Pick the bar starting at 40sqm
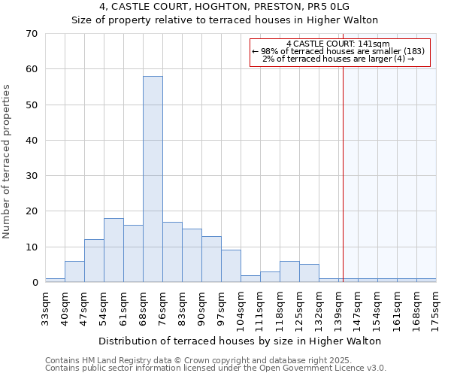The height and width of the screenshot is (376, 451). pyautogui.click(x=74, y=271)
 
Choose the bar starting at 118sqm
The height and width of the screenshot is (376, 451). pyautogui.click(x=289, y=271)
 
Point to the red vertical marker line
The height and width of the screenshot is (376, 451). pyautogui.click(x=343, y=165)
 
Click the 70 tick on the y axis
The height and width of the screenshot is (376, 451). pyautogui.click(x=31, y=34)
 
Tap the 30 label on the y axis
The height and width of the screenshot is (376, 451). pyautogui.click(x=31, y=176)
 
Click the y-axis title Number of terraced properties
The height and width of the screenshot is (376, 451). pyautogui.click(x=7, y=162)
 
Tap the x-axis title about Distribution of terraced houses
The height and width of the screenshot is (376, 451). pyautogui.click(x=241, y=341)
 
